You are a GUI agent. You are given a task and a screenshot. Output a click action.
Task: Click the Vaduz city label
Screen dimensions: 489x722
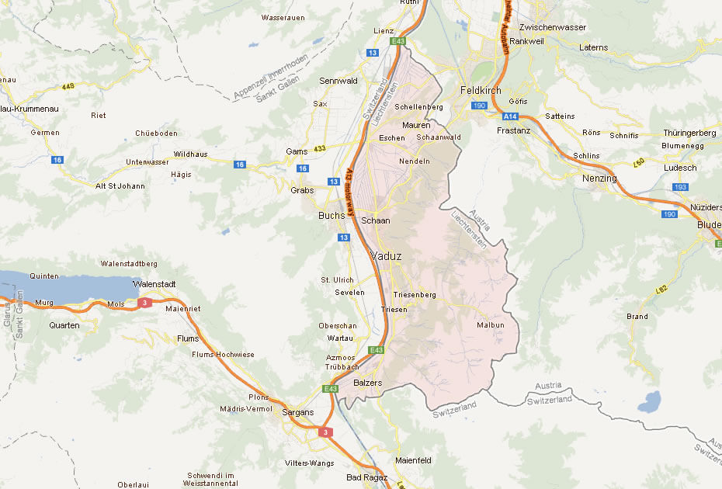[387, 256]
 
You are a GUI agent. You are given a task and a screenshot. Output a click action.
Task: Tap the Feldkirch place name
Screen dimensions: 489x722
[480, 90]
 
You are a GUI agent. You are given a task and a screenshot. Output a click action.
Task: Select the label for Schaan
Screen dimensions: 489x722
[375, 220]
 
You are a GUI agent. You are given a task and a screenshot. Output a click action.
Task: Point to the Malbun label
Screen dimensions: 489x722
[490, 325]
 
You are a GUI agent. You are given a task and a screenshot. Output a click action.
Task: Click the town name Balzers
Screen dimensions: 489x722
[367, 383]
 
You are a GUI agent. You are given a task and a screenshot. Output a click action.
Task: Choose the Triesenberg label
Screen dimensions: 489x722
[415, 295]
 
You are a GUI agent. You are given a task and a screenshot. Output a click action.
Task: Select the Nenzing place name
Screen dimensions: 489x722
[599, 179]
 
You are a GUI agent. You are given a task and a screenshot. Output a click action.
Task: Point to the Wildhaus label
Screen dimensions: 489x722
[190, 154]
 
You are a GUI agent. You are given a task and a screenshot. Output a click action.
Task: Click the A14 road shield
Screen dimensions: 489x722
[509, 116]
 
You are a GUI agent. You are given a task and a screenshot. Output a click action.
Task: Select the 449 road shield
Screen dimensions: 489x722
[68, 85]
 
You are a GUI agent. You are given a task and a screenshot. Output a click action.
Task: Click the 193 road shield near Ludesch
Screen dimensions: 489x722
[681, 187]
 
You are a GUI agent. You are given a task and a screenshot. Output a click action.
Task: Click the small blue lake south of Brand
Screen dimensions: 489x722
[649, 402]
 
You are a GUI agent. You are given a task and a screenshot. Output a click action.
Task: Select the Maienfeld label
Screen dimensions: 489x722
[412, 460]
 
